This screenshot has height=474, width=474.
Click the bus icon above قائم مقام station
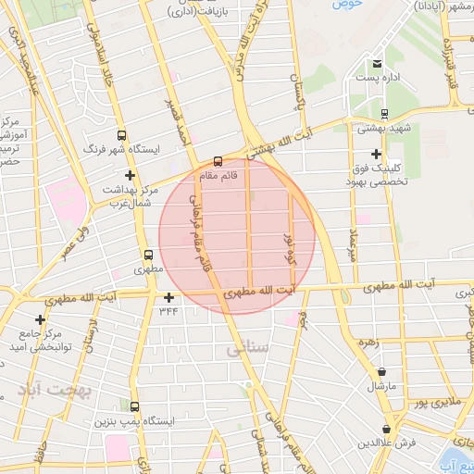pos(218,158)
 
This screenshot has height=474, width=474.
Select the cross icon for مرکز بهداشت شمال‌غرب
pos(130,175)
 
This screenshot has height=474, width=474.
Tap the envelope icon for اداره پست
pos(376,64)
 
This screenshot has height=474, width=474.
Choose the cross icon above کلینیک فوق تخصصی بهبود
pos(376,154)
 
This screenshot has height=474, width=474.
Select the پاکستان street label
pos(298,93)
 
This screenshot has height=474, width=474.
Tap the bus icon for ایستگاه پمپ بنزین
pos(135,406)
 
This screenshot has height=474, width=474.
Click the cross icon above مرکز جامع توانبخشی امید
pos(40,319)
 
